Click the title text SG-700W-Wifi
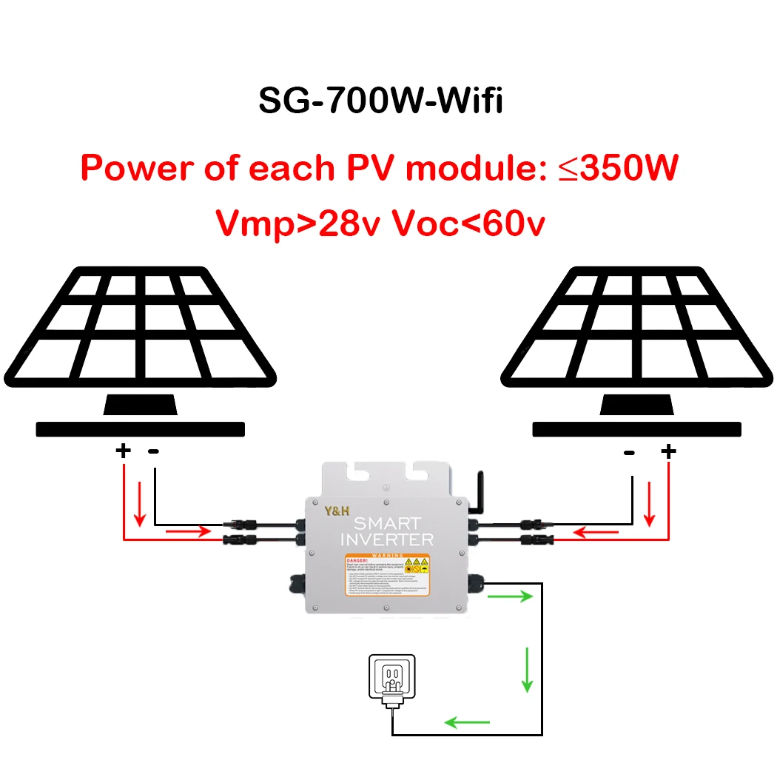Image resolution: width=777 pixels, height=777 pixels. point(380,100)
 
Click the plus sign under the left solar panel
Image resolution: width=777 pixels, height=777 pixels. point(123,450)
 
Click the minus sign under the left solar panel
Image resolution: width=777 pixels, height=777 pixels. point(154,450)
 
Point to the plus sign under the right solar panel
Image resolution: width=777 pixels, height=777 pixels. point(668,450)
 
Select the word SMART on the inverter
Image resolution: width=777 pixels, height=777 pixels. point(386,522)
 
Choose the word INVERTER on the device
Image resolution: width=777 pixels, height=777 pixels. point(386,539)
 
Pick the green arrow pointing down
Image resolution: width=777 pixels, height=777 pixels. point(526,670)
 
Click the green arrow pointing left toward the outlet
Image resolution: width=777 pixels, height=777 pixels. point(467,721)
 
